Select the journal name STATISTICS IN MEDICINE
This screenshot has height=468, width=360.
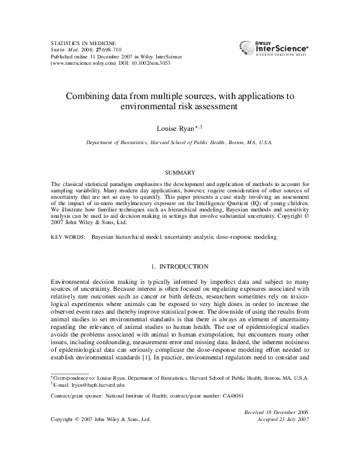click(x=79, y=39)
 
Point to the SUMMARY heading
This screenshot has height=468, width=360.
click(x=180, y=172)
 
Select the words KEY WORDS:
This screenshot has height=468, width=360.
click(x=66, y=236)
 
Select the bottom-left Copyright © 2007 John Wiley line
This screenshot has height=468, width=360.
click(x=100, y=419)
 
